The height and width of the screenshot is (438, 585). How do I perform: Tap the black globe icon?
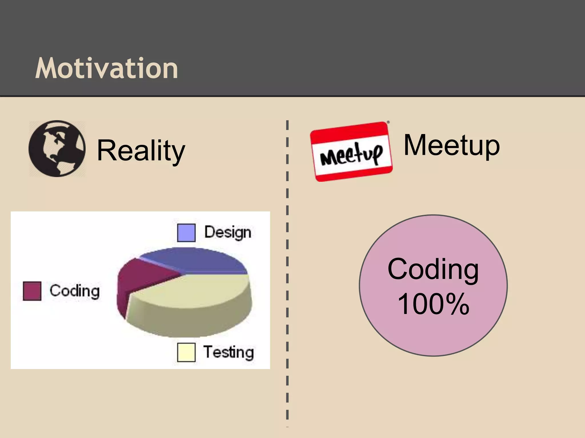[57, 149]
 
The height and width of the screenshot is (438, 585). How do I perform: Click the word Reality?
[141, 150]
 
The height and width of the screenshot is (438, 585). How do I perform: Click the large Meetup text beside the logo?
[452, 145]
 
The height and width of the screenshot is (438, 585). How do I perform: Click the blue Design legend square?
[186, 233]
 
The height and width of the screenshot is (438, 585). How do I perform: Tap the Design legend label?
[228, 232]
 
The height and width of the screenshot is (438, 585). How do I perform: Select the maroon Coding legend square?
[32, 291]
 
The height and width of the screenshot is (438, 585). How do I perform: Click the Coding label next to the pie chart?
[75, 291]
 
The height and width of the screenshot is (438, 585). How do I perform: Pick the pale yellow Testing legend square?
[186, 352]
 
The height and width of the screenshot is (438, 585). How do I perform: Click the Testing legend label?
[228, 352]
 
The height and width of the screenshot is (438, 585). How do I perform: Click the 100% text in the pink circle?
[433, 304]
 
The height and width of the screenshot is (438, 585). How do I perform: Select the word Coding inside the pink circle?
[433, 269]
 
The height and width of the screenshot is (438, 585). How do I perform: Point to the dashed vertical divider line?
[287, 257]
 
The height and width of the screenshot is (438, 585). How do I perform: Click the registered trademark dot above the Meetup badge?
[388, 122]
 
